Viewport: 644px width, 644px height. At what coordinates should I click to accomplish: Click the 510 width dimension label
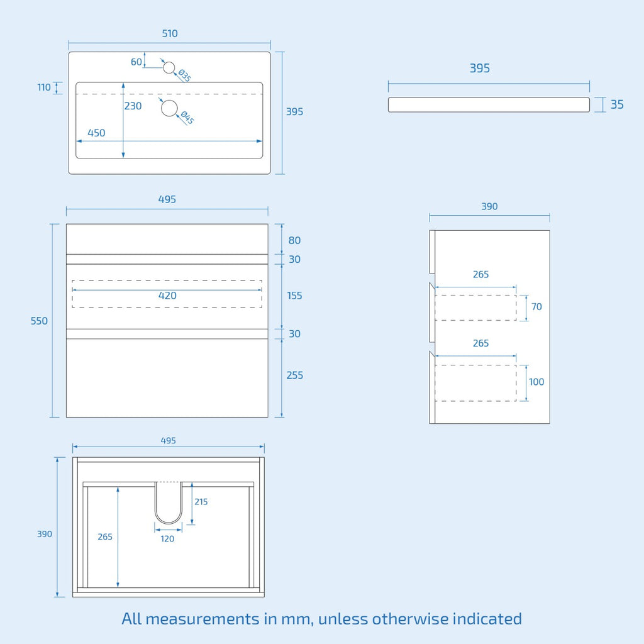click(x=170, y=33)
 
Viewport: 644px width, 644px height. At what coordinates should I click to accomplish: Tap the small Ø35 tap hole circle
click(x=169, y=67)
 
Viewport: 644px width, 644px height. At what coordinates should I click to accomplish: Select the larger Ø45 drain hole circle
click(x=169, y=108)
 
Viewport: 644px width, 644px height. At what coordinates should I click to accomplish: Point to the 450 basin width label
click(x=96, y=133)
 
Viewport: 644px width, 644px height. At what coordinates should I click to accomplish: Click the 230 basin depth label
click(x=133, y=106)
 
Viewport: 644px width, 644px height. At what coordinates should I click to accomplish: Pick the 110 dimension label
click(x=44, y=87)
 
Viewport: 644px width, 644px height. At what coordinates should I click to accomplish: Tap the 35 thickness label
click(x=617, y=104)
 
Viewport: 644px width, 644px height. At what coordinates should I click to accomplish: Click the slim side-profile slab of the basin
click(x=489, y=105)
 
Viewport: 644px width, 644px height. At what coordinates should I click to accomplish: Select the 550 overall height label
click(x=39, y=321)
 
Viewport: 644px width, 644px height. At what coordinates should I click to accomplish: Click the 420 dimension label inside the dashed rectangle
click(x=167, y=296)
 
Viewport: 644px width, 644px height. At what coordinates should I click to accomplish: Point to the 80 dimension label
click(x=294, y=240)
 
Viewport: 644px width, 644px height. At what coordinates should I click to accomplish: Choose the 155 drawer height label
click(x=294, y=296)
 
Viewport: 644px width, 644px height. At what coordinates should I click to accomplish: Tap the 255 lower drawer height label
click(x=294, y=375)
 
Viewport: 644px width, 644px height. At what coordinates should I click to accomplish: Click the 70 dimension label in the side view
click(x=536, y=306)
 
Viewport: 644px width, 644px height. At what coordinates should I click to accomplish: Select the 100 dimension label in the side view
click(x=536, y=382)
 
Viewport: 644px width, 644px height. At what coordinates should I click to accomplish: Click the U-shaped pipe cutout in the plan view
click(x=169, y=502)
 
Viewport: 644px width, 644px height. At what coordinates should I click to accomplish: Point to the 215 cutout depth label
click(x=201, y=501)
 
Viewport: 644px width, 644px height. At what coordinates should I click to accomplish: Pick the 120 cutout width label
click(x=167, y=539)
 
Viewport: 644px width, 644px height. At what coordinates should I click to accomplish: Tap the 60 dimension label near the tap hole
click(x=136, y=62)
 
